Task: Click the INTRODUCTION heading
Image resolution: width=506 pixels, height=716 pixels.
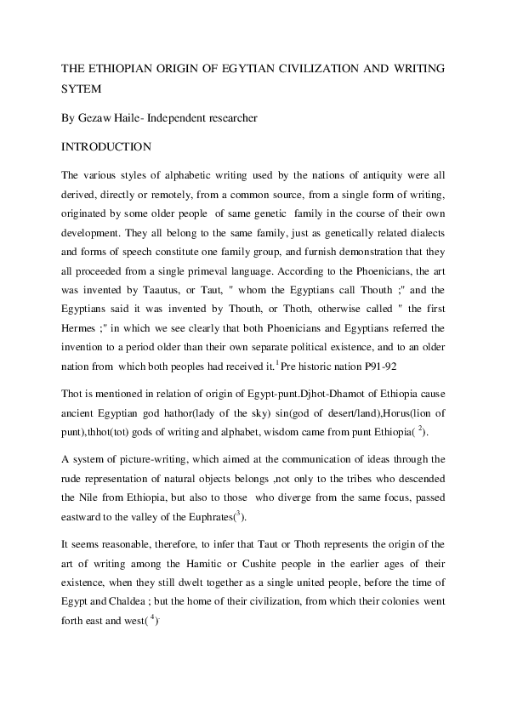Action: point(106,146)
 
